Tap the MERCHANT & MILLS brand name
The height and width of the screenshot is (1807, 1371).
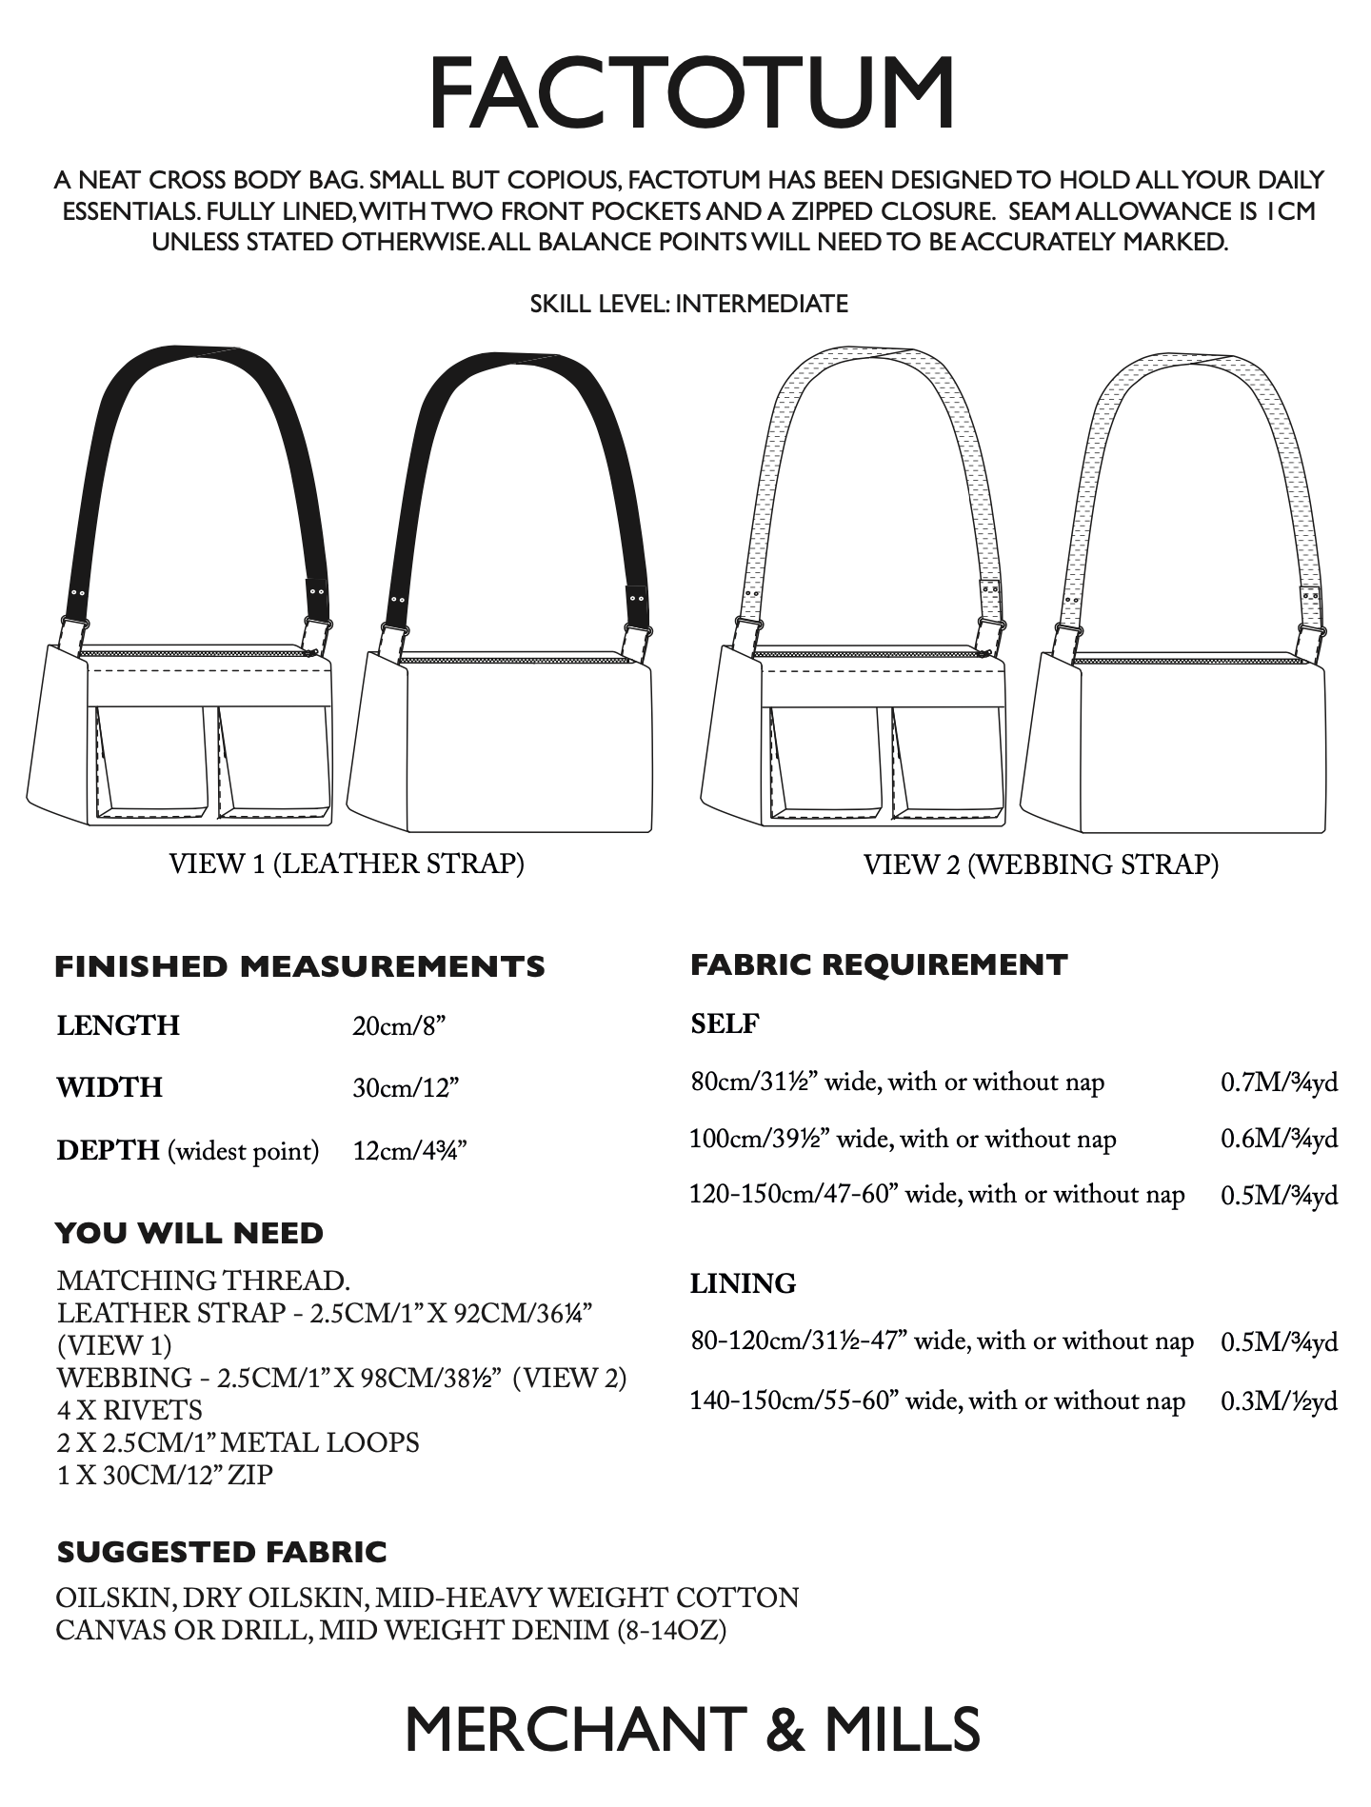point(692,1729)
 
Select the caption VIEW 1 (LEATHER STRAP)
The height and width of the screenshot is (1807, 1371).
point(347,864)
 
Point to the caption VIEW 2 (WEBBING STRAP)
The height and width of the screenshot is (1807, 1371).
point(1041,864)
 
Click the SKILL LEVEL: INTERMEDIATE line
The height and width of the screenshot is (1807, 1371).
point(688,304)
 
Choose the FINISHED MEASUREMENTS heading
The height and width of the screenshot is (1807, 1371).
point(300,966)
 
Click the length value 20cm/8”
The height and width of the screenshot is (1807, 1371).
point(399,1025)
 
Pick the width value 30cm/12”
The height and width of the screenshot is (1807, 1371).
point(406,1087)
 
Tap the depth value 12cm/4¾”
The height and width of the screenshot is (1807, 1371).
point(409,1151)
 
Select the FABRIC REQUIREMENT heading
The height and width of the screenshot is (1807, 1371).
point(879,964)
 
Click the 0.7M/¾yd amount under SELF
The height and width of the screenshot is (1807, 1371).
point(1279,1082)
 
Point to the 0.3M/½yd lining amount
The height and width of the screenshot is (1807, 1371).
point(1279,1400)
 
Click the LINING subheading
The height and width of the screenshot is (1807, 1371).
point(743,1283)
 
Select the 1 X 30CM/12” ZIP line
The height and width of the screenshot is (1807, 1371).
point(165,1475)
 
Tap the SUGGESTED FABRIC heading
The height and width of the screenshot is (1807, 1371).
point(222,1552)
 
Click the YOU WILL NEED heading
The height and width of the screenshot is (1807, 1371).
point(189,1233)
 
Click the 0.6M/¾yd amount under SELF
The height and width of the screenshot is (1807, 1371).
point(1279,1139)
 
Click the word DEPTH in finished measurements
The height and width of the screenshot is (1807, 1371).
point(108,1150)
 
